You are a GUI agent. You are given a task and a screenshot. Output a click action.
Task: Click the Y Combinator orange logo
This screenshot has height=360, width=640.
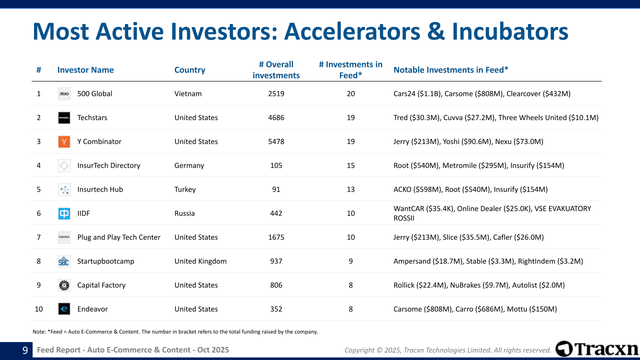[x=64, y=141]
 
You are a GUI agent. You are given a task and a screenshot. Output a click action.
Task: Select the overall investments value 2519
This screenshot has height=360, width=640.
[x=276, y=93]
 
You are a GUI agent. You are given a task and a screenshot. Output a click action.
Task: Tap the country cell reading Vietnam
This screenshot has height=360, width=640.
[x=188, y=93]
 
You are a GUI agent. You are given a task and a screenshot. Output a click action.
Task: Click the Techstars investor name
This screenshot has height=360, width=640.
[x=92, y=117]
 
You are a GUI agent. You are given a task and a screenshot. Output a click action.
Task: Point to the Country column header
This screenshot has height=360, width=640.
[x=189, y=70]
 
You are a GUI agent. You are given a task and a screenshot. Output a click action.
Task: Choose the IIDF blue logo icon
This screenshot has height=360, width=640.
[x=64, y=213]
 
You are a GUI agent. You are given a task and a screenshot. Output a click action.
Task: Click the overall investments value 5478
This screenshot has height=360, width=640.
[x=276, y=141]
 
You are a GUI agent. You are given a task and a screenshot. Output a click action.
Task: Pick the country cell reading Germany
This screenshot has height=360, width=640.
[x=189, y=165]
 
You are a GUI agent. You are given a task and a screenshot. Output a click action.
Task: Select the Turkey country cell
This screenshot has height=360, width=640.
[x=185, y=189]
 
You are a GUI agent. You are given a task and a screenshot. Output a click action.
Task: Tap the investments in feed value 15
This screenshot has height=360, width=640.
[x=350, y=165]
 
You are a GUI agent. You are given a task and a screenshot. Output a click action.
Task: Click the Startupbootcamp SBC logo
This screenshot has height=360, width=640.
[x=64, y=261]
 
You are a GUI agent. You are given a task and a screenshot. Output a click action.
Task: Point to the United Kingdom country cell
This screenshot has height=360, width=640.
[x=200, y=261]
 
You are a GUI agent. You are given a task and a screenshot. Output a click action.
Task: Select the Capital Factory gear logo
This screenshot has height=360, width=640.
[x=64, y=285]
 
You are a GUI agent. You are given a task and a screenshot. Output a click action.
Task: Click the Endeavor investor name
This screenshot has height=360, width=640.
[x=92, y=309]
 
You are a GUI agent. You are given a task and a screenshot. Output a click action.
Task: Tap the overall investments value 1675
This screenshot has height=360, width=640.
[x=276, y=237]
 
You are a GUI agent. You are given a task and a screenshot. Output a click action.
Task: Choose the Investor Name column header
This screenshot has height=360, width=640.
[x=85, y=70]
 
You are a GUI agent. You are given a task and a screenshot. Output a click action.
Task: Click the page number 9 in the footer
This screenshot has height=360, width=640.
[x=25, y=350]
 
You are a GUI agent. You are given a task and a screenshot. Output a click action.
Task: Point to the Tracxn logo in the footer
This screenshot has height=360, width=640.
[x=596, y=349]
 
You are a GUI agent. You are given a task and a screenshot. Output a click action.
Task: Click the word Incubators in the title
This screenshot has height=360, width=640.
[x=510, y=31]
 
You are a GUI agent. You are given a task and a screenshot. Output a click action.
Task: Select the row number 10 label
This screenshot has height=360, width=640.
[x=39, y=309]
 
